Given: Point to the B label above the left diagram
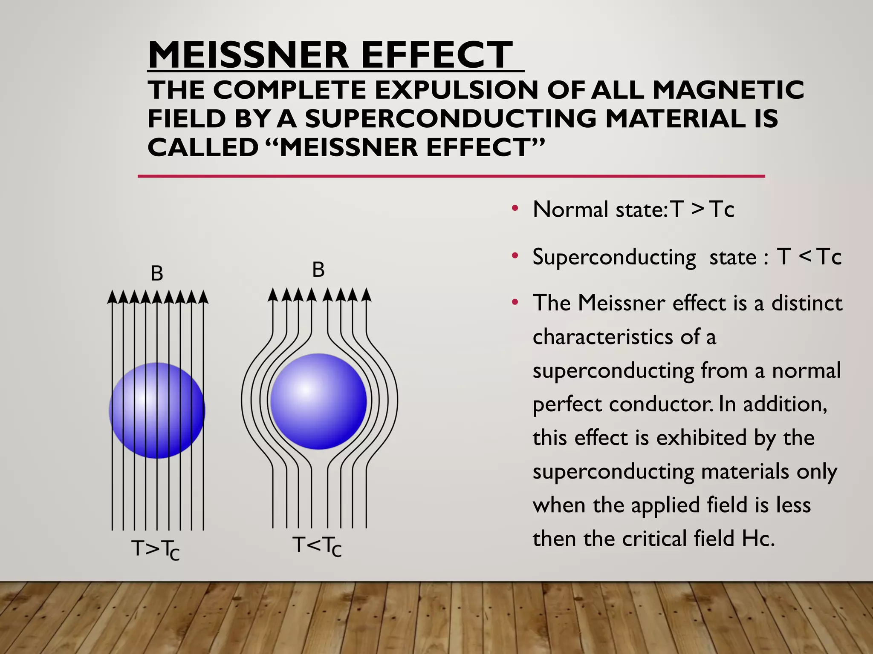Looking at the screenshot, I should coord(157,273).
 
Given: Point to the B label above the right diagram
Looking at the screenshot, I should coord(318,270).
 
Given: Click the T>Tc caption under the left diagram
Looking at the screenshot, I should coord(156,549).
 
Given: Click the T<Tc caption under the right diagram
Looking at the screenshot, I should coord(317,546).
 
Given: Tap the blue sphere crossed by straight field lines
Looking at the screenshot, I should coord(157,410).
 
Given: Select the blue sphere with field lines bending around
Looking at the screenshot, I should coord(319,401).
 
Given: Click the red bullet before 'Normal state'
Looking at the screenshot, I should coord(515,209).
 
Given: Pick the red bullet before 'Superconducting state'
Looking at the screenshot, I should coord(515,256).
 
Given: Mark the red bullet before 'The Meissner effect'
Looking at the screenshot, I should coord(515,302).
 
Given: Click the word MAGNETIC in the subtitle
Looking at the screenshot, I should coord(728,90).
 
